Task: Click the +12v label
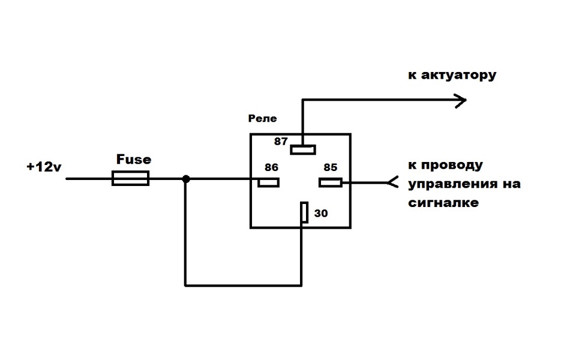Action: (44, 167)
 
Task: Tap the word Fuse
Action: (134, 160)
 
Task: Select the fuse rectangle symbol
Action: (130, 179)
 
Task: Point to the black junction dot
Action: (186, 179)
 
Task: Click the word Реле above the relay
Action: (262, 118)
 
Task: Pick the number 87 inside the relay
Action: (281, 142)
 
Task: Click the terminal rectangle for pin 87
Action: (303, 149)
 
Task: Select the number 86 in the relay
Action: (271, 167)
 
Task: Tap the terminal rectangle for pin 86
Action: (269, 182)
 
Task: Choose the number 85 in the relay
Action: (330, 167)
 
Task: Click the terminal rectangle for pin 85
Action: (330, 182)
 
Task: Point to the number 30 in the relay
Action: (321, 214)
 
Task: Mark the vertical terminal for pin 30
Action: (304, 212)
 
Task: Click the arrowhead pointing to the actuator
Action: (461, 100)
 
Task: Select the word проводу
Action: (451, 166)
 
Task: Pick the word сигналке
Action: (443, 202)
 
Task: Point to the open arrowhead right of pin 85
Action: (392, 182)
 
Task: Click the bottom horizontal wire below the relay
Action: (243, 284)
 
